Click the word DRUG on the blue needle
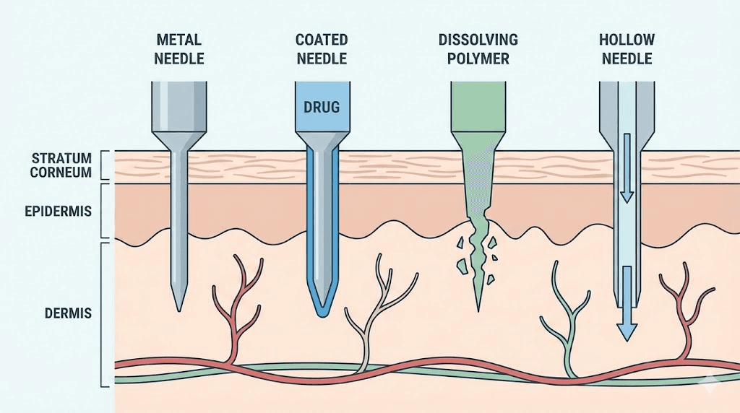[x=322, y=108]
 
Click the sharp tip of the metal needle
[x=177, y=307]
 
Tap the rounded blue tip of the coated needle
[x=322, y=312]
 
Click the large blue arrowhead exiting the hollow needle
[x=627, y=331]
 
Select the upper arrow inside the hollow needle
[x=627, y=173]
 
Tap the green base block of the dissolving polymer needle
[x=477, y=105]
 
